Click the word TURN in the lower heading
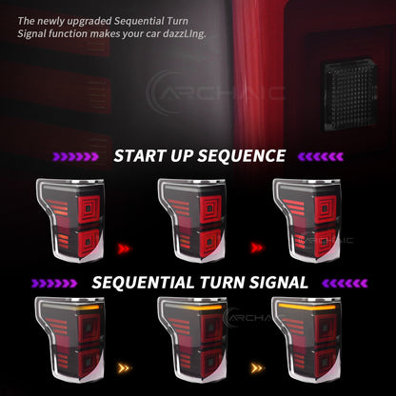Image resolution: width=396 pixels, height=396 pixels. [222, 283]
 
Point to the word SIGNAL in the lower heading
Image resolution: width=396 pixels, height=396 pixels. [279, 283]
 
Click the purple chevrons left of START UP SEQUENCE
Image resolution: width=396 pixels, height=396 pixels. [75, 156]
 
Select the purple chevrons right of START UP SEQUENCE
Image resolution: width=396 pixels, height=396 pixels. [321, 156]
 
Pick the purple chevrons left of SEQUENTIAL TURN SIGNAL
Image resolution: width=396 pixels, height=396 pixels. [54, 284]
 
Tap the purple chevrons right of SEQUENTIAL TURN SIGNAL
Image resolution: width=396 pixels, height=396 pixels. [345, 284]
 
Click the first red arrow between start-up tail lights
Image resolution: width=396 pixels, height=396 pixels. [124, 248]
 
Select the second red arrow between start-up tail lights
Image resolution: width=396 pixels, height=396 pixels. [257, 247]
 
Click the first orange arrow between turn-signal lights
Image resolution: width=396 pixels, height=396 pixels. [124, 368]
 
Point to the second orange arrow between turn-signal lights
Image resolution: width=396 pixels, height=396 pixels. [257, 368]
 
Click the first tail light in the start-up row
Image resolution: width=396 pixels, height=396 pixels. [70, 220]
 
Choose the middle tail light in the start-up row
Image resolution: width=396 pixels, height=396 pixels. [191, 220]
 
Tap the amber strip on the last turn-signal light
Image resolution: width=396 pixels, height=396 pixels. [307, 307]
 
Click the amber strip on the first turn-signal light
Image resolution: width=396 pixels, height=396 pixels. [87, 307]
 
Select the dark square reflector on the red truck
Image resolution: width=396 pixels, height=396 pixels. [350, 94]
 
